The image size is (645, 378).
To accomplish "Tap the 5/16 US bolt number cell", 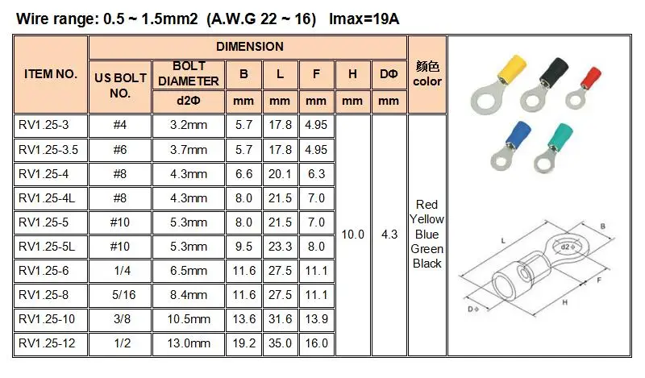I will (119, 295).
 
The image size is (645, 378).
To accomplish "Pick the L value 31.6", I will (280, 319).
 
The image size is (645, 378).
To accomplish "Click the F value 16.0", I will (316, 343).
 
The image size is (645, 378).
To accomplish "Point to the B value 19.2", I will (243, 343).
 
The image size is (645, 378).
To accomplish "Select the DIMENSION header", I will (249, 47).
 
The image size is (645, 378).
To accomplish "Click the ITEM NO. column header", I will (51, 74).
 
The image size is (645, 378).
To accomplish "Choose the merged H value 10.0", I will (352, 235).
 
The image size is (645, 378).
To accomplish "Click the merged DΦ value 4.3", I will (389, 235).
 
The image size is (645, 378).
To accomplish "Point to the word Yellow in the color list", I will (427, 219).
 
